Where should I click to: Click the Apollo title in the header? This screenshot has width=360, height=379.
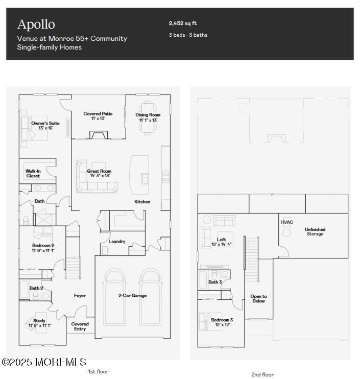click(x=36, y=24)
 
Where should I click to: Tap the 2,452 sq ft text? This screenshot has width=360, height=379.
click(x=183, y=23)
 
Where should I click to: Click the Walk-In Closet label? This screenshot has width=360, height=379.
click(x=33, y=174)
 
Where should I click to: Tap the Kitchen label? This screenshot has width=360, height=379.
click(x=142, y=202)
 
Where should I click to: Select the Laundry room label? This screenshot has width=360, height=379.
click(x=117, y=241)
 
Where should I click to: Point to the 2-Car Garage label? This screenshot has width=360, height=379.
click(x=133, y=295)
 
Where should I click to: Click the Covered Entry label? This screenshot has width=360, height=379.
click(x=80, y=326)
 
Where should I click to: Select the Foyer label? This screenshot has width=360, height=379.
click(x=80, y=295)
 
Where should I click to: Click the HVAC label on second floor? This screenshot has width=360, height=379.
click(x=287, y=222)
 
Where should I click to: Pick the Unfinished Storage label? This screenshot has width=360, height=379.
click(x=315, y=232)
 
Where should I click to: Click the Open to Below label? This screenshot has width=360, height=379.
click(x=258, y=299)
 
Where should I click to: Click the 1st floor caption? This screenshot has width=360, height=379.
click(x=98, y=371)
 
